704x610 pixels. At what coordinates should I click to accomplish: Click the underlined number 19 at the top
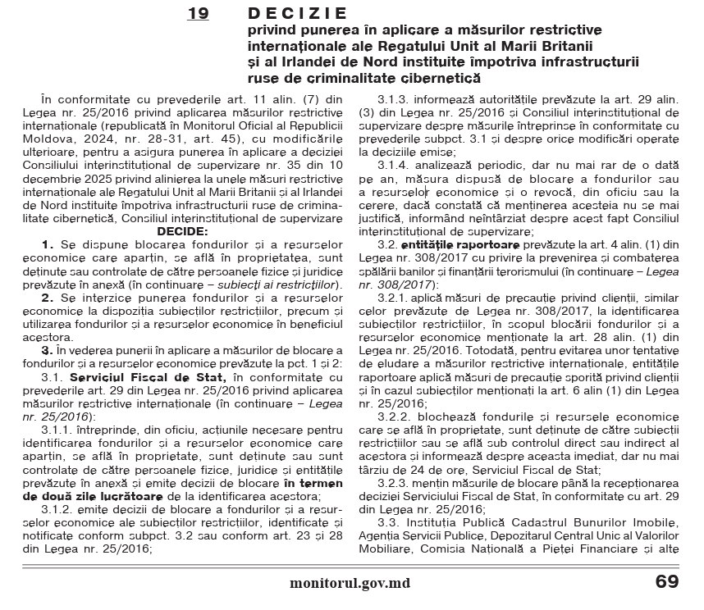(x=198, y=14)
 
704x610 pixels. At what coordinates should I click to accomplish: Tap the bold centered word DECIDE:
(x=182, y=232)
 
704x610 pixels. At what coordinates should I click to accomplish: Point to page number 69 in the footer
(x=666, y=583)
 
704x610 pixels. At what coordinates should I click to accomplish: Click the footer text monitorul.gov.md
(x=350, y=584)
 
